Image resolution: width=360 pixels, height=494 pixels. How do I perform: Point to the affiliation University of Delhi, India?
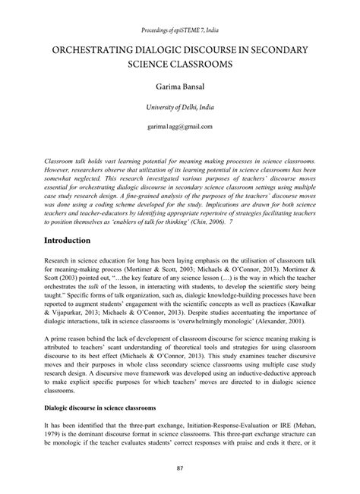coord(179,109)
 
